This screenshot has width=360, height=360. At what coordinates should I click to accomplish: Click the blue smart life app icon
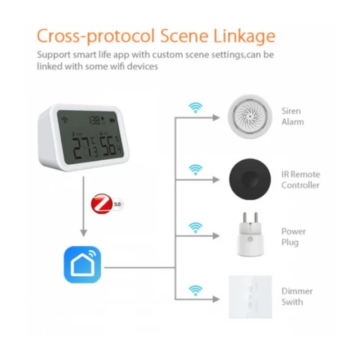[82, 264]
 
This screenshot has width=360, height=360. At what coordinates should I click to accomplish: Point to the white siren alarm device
[249, 116]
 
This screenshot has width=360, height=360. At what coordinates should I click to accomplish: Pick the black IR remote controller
[249, 179]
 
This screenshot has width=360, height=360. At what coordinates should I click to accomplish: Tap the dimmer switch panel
[250, 296]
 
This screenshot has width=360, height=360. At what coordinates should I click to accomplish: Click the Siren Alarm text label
[292, 116]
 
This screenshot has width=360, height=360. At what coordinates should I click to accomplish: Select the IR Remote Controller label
[300, 179]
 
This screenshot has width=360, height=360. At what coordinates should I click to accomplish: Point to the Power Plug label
[294, 237]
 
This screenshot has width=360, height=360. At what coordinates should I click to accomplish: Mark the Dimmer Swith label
[296, 296]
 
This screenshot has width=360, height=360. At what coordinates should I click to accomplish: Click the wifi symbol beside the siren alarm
[195, 107]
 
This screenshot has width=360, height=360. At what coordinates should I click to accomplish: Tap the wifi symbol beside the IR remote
[195, 169]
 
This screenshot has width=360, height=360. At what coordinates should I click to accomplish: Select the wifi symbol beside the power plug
[195, 227]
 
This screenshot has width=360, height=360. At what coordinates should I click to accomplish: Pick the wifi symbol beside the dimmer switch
[195, 290]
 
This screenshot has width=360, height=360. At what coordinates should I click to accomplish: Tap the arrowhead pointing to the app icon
[83, 233]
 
